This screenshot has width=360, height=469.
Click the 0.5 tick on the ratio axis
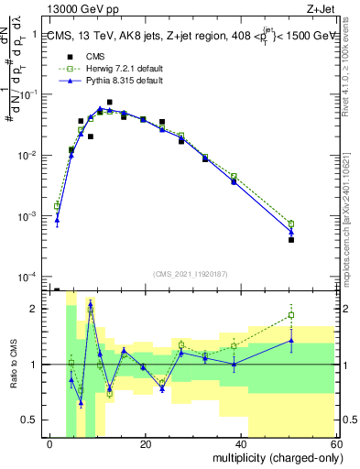pyautogui.click(x=30, y=420)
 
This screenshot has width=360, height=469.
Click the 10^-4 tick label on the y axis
pyautogui.click(x=27, y=278)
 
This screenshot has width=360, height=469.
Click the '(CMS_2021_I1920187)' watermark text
pyautogui.click(x=190, y=273)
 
